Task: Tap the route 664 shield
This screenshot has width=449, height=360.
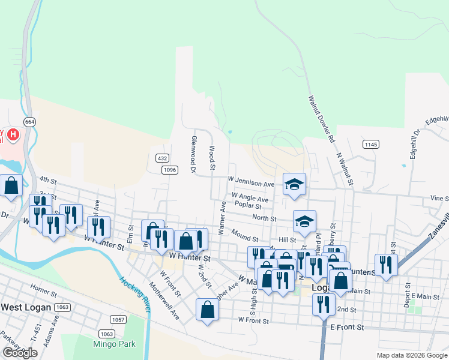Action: click(x=30, y=121)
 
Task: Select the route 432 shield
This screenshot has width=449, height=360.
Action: click(x=161, y=158)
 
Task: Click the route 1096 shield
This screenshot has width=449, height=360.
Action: click(x=170, y=170)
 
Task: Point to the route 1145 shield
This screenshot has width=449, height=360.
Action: click(x=371, y=144)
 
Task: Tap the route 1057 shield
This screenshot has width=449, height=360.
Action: click(x=118, y=320)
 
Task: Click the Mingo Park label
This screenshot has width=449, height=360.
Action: click(x=114, y=344)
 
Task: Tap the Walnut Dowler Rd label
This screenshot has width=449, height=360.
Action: click(x=322, y=119)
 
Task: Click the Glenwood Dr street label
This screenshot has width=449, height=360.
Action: click(x=193, y=155)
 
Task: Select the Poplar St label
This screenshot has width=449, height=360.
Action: click(x=248, y=205)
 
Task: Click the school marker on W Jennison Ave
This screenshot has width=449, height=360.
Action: click(x=294, y=184)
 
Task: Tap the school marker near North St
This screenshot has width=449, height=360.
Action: click(x=304, y=221)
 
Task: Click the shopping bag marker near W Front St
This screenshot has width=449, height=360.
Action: click(x=207, y=310)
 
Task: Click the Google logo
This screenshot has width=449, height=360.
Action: click(x=20, y=353)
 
